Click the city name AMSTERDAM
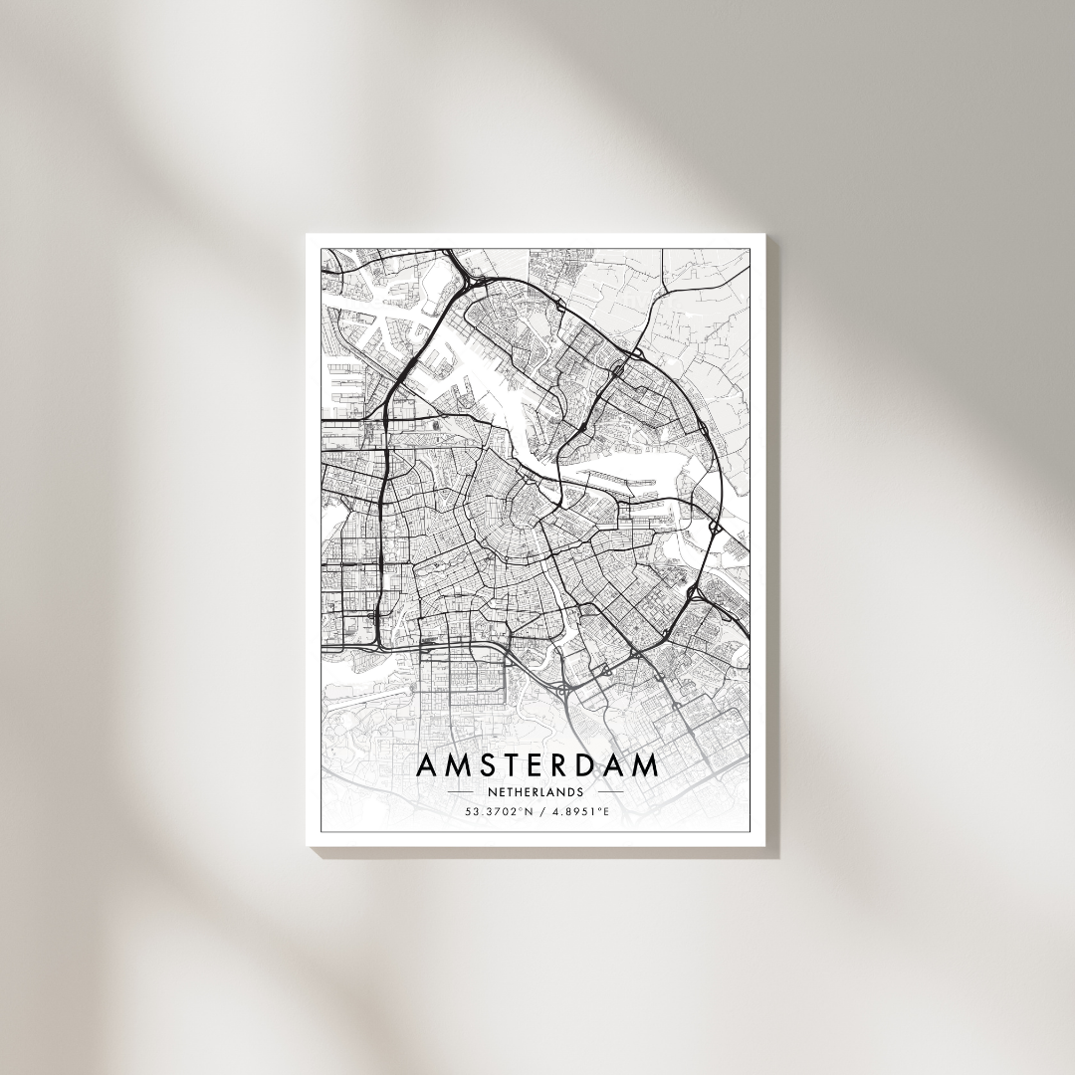click(537, 765)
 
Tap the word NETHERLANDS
click(537, 792)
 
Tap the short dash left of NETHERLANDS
click(461, 792)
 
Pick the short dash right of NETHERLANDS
click(611, 792)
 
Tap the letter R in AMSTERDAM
click(566, 765)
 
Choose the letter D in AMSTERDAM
click(592, 765)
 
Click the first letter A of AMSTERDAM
click(426, 765)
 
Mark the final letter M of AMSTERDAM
click(646, 765)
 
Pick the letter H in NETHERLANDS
click(515, 792)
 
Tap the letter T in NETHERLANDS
click(506, 792)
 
